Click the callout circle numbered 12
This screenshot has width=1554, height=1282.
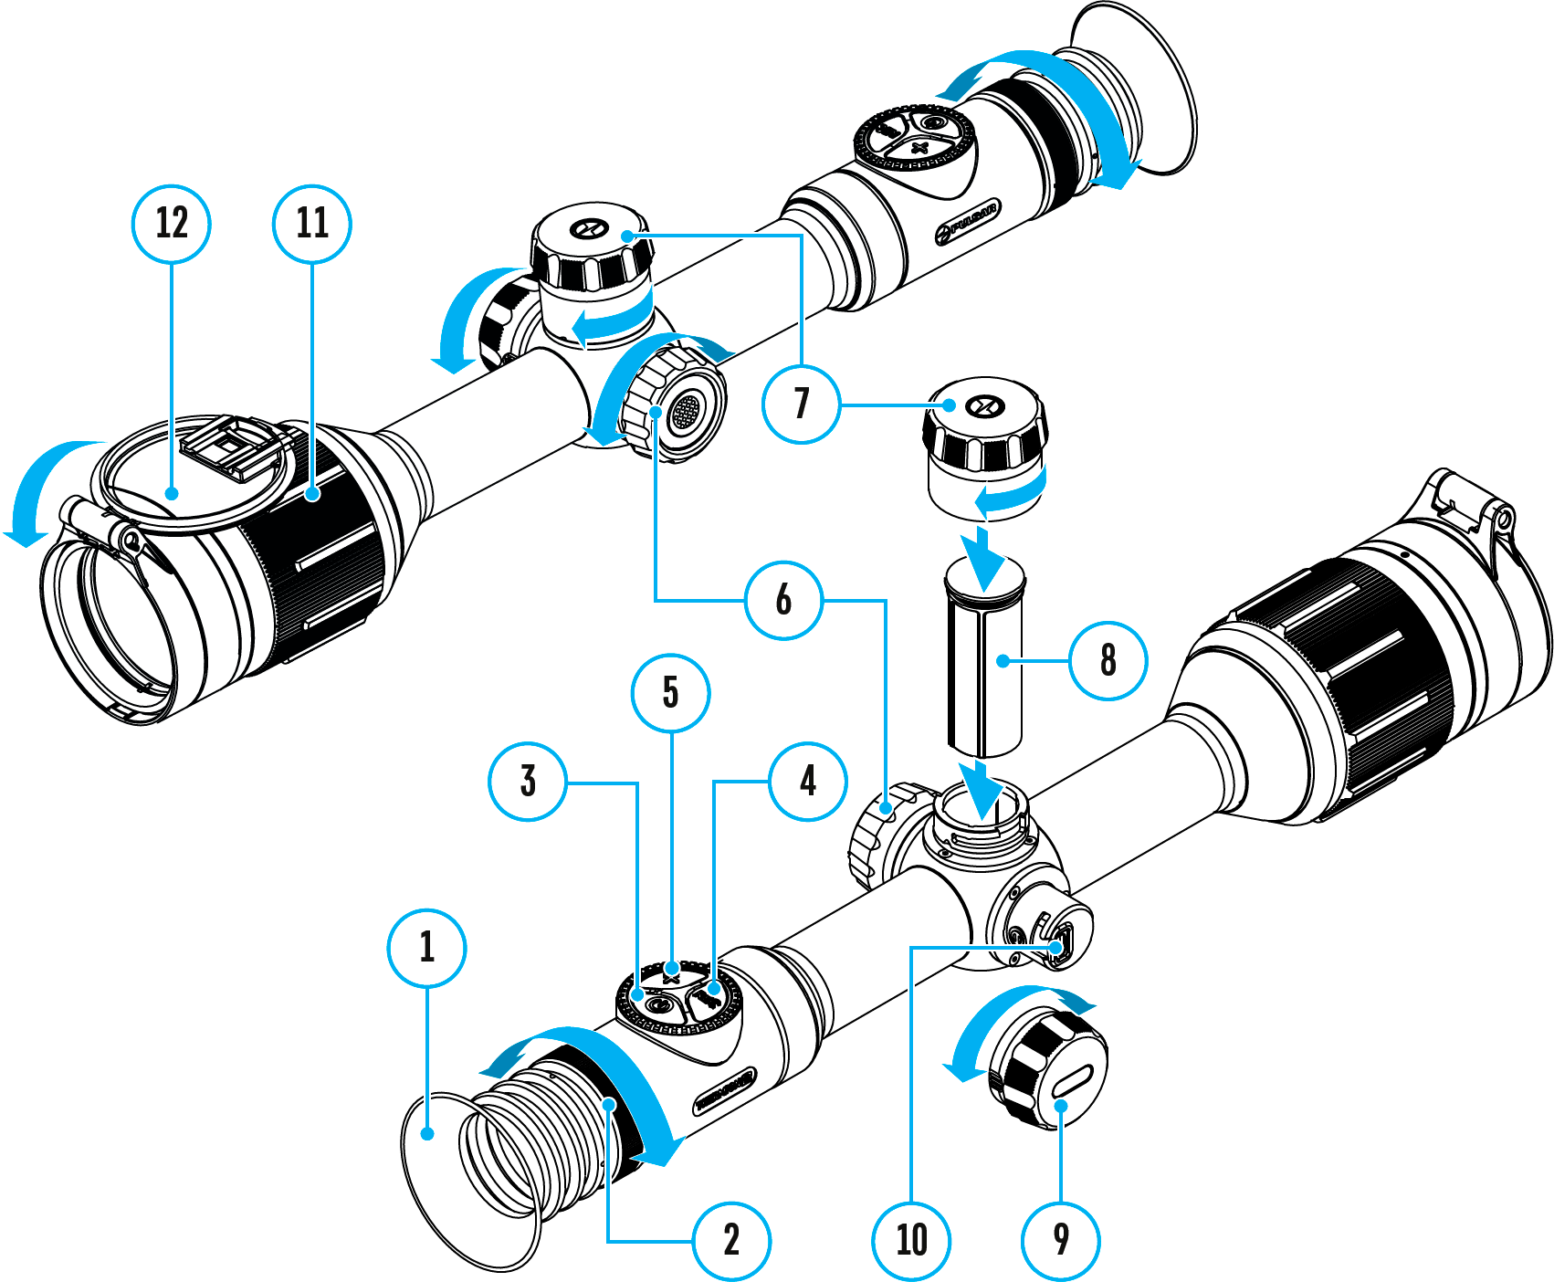172,224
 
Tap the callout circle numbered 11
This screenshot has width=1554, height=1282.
312,224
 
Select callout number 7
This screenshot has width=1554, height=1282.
801,404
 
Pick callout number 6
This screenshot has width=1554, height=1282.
783,600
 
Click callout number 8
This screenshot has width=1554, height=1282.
1108,660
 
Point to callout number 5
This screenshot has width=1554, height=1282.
670,693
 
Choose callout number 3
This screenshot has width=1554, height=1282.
528,782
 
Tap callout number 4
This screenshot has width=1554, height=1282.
808,782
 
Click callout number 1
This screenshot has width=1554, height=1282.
426,948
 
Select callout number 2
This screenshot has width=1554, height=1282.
731,1241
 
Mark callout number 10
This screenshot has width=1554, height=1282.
911,1241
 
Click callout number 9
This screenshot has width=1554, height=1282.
1060,1241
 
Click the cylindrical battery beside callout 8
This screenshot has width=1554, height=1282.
983,662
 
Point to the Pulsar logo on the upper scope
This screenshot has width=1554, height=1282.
968,221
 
